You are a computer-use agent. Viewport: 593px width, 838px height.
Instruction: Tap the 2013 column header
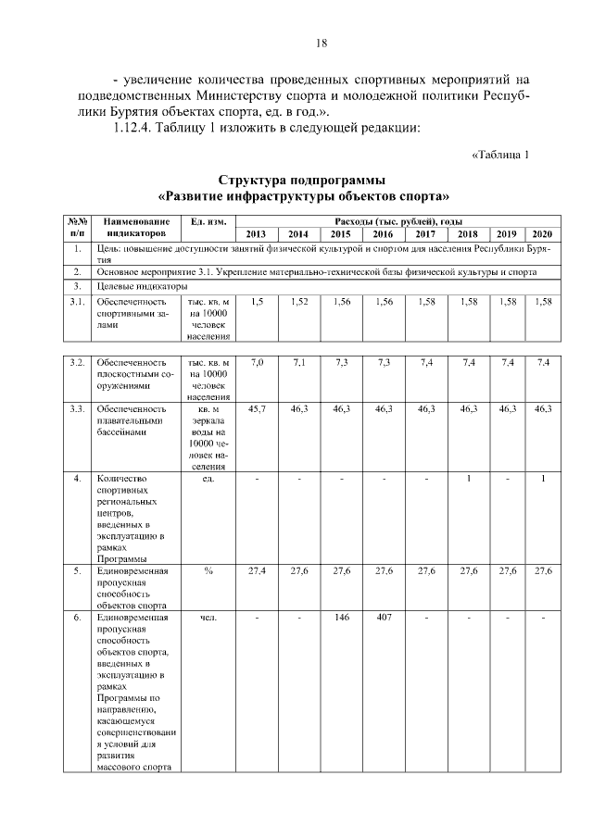[256, 234]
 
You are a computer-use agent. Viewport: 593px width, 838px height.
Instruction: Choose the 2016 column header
[383, 234]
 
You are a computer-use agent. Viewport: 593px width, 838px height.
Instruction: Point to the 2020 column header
[542, 234]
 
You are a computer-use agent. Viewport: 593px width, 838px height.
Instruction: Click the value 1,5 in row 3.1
[257, 301]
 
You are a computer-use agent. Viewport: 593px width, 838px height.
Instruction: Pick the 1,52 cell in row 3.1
[298, 301]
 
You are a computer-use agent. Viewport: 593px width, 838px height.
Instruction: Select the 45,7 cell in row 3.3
[257, 407]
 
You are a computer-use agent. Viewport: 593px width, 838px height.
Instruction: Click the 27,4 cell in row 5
[257, 570]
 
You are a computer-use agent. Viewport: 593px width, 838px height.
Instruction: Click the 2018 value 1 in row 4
[469, 478]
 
